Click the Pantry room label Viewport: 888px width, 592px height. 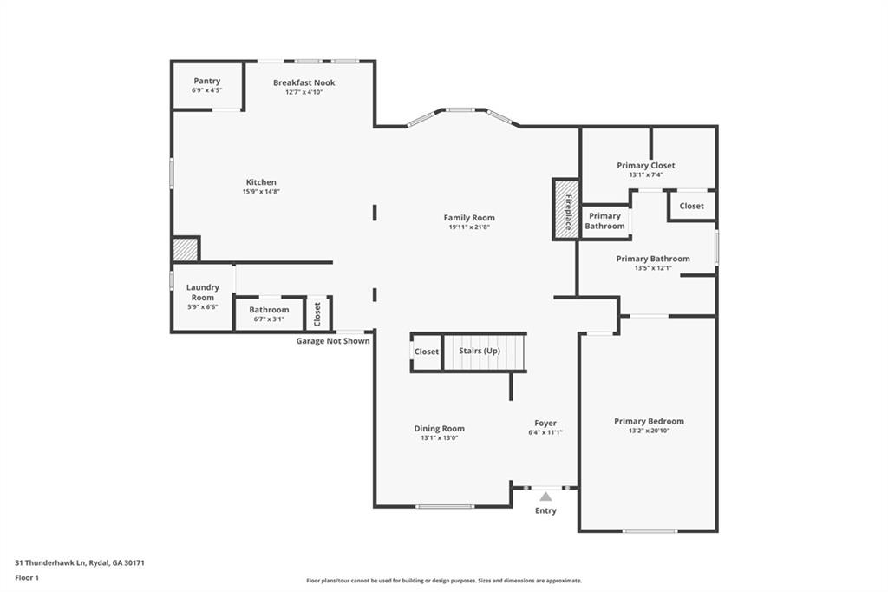pyautogui.click(x=206, y=81)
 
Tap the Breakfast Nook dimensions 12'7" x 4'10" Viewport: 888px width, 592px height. pyautogui.click(x=304, y=92)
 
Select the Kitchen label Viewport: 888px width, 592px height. pyautogui.click(x=260, y=182)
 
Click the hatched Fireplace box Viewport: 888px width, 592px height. pyautogui.click(x=565, y=208)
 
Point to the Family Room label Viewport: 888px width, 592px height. pyautogui.click(x=469, y=218)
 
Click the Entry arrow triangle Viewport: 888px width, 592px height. pyautogui.click(x=545, y=497)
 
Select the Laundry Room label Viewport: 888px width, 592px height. pyautogui.click(x=203, y=293)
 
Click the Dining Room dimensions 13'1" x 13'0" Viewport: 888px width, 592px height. pyautogui.click(x=439, y=438)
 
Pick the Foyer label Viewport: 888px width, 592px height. pyautogui.click(x=545, y=423)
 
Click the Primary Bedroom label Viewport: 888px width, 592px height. pyautogui.click(x=649, y=421)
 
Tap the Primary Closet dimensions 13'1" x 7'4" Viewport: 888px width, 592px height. pyautogui.click(x=646, y=175)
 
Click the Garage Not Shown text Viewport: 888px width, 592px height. pyautogui.click(x=333, y=341)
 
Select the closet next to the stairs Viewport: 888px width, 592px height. pyautogui.click(x=426, y=352)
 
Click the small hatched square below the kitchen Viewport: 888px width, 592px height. pyautogui.click(x=185, y=249)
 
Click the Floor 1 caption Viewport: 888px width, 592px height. pyautogui.click(x=28, y=577)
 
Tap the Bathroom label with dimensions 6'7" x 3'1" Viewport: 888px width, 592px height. pyautogui.click(x=269, y=310)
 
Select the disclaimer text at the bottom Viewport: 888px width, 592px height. pyautogui.click(x=443, y=581)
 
